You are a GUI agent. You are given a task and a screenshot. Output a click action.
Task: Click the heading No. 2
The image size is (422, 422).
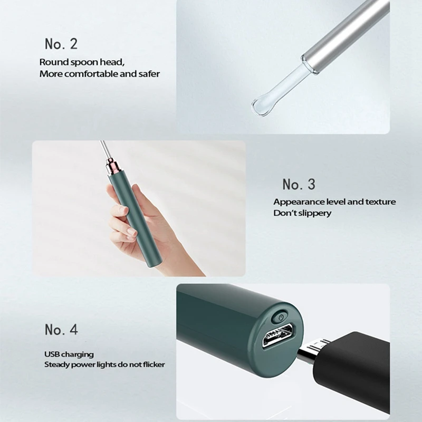[61, 44]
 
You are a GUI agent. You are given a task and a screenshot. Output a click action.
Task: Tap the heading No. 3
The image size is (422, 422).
[299, 185]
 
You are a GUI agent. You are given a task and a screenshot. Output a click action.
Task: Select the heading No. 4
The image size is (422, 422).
[61, 329]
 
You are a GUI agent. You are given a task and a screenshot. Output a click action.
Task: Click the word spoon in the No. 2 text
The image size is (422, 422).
[83, 62]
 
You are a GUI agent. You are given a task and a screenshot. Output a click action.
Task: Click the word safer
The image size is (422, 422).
[149, 74]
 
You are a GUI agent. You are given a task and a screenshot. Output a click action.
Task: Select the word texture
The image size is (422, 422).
[380, 202]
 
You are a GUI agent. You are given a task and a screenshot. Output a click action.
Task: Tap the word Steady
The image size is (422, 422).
[53, 365]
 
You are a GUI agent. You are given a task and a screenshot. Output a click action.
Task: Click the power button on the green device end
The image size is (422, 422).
[281, 317]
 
